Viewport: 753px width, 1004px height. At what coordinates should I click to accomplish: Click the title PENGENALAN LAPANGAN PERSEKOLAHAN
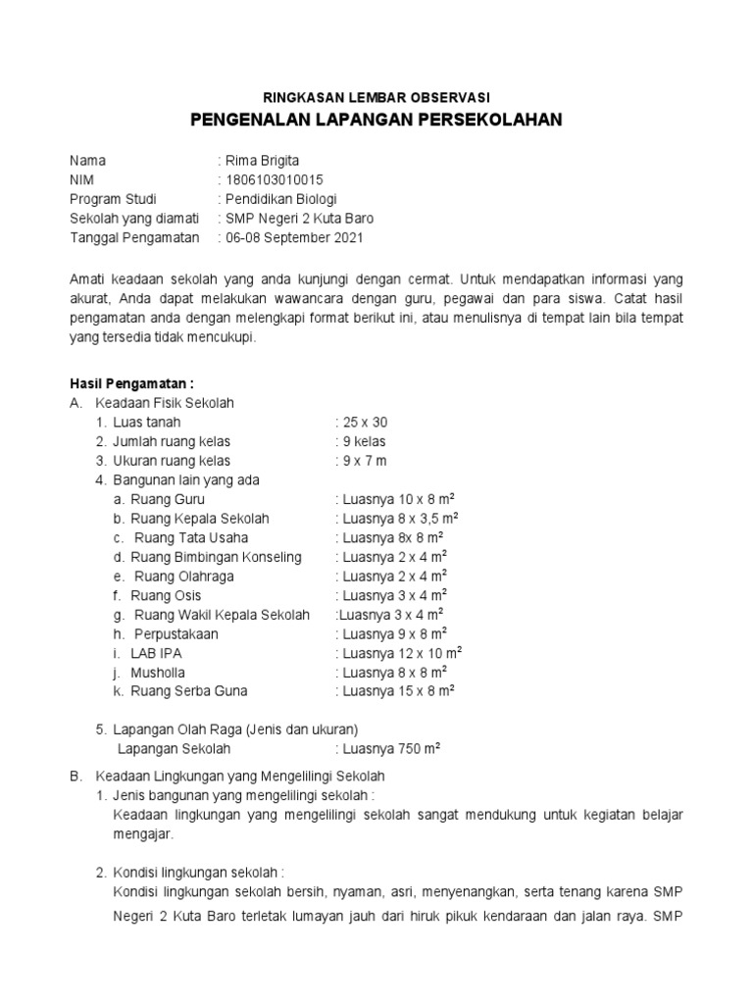pos(376,121)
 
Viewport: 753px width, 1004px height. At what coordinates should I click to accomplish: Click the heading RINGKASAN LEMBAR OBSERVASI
pos(376,97)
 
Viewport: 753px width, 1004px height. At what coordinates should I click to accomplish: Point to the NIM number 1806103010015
pos(274,179)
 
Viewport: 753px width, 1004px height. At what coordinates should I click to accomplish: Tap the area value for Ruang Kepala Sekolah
pos(400,519)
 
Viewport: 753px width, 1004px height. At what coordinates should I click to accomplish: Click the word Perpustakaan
pos(176,633)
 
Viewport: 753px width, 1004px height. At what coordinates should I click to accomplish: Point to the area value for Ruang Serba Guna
pos(398,691)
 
